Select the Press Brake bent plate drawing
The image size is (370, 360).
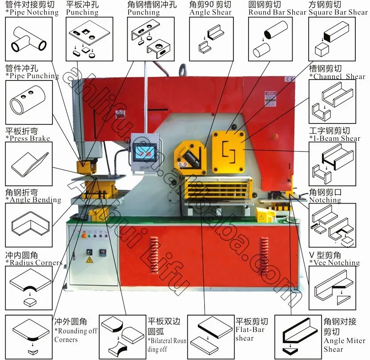(29, 164)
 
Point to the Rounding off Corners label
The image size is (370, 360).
(75, 335)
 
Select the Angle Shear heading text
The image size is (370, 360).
(210, 12)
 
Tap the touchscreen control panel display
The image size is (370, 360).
(144, 153)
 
